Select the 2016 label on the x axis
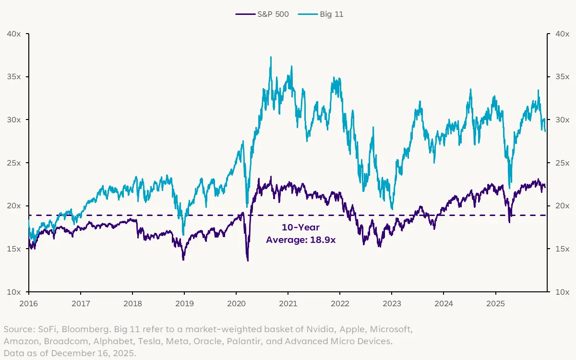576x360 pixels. [29, 303]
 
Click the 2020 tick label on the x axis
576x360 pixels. [236, 303]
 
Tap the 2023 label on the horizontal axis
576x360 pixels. [391, 303]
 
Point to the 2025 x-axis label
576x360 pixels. [495, 303]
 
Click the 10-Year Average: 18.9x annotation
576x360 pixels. [301, 234]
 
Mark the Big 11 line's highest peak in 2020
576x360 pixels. [271, 57]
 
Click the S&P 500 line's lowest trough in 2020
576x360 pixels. [248, 261]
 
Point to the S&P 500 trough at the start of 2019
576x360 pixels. [183, 260]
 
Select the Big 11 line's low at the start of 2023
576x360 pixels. [392, 209]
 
